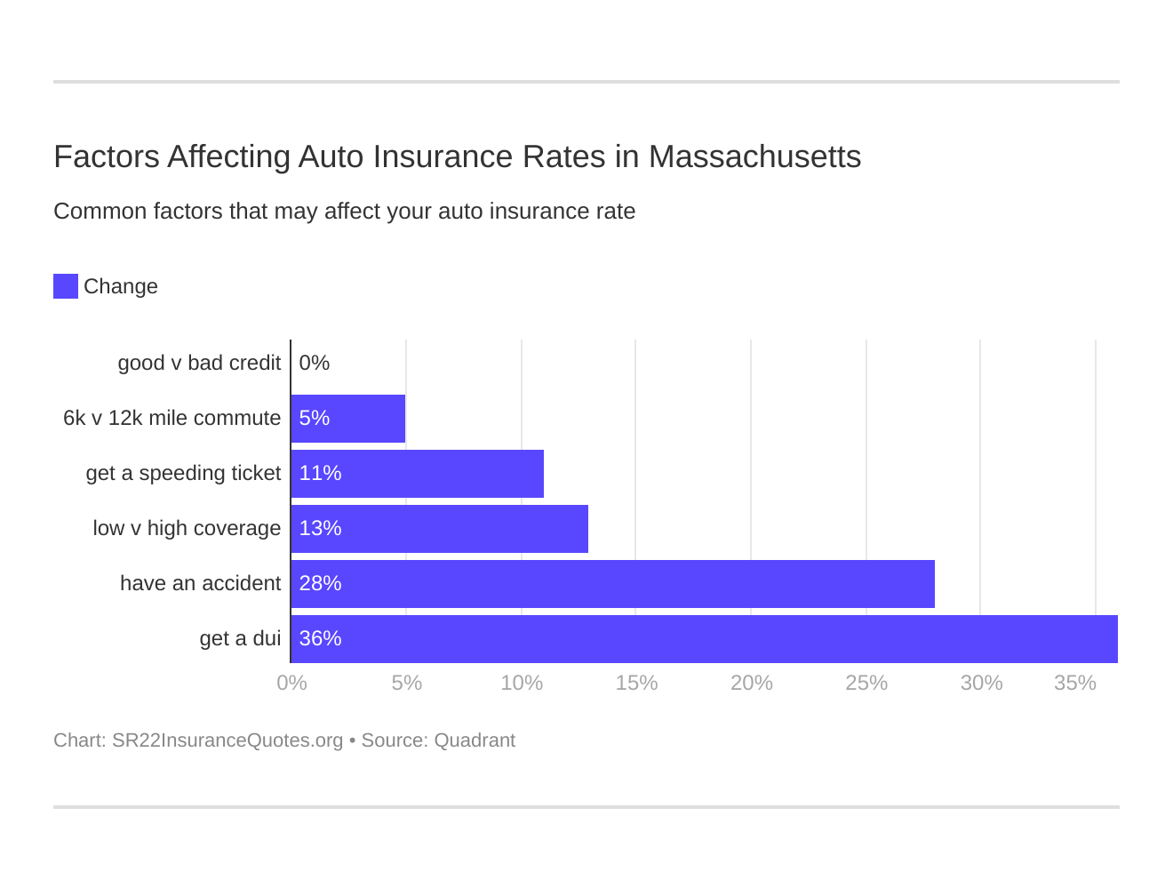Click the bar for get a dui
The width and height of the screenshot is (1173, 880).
(x=704, y=639)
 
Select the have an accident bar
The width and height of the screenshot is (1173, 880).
(x=613, y=584)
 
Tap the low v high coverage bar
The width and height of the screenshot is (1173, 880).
(x=440, y=529)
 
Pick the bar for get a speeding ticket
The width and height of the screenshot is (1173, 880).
(x=418, y=474)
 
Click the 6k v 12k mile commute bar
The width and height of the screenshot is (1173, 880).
(x=348, y=419)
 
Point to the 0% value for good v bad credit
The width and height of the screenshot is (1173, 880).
(x=315, y=364)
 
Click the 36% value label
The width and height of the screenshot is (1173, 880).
(x=320, y=639)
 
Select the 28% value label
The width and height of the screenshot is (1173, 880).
(x=320, y=584)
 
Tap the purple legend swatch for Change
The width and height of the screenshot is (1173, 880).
(x=66, y=286)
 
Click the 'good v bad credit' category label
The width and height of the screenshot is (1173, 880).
(x=199, y=364)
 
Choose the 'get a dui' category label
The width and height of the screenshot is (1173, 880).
(x=240, y=639)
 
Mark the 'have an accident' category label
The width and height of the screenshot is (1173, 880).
(x=200, y=584)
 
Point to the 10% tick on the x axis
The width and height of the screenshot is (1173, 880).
(x=522, y=684)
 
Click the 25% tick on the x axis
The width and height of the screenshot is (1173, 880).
(x=866, y=684)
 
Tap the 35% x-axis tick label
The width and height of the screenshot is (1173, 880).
(x=1074, y=684)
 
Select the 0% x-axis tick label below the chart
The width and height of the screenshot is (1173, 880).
(x=291, y=684)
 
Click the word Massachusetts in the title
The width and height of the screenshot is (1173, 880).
(x=754, y=157)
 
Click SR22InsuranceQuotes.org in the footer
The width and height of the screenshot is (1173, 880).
(x=227, y=740)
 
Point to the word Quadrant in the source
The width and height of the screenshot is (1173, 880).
(x=475, y=740)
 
